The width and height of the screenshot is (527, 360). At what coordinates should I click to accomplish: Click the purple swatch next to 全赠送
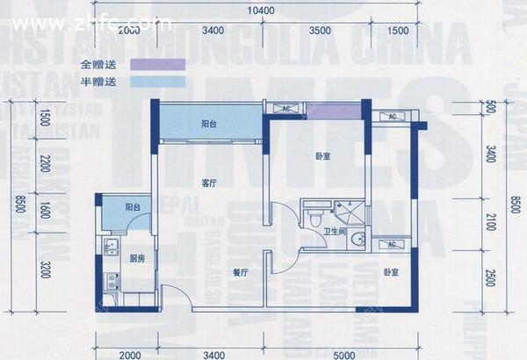[156, 64]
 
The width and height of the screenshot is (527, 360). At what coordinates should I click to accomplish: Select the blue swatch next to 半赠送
[156, 82]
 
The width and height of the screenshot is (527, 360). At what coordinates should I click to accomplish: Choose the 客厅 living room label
[208, 184]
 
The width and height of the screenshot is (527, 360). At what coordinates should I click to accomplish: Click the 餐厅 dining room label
[242, 273]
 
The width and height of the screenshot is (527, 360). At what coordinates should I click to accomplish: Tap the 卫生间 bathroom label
[334, 232]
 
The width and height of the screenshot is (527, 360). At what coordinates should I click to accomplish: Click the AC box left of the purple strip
[286, 108]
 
